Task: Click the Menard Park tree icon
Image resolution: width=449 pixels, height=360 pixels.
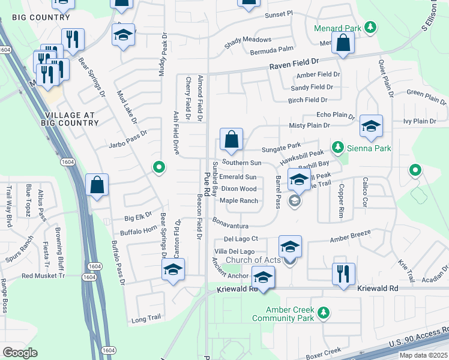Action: [371, 27]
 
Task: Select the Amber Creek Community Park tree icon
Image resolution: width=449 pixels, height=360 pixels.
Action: [324, 313]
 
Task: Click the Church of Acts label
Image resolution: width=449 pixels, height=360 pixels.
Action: [253, 260]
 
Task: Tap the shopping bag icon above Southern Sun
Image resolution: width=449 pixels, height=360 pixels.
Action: [231, 140]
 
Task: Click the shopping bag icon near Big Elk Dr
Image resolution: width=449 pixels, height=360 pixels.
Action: [97, 186]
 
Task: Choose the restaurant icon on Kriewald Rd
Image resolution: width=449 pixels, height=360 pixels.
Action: [343, 274]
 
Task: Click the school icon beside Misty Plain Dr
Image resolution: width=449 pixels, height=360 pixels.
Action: [372, 127]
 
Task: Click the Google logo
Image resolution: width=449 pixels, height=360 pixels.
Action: [20, 353]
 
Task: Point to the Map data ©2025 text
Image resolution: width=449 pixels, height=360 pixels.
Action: [423, 355]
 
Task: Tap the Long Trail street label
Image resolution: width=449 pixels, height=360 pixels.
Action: [147, 320]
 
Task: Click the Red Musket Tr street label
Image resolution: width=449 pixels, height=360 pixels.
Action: [43, 276]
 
